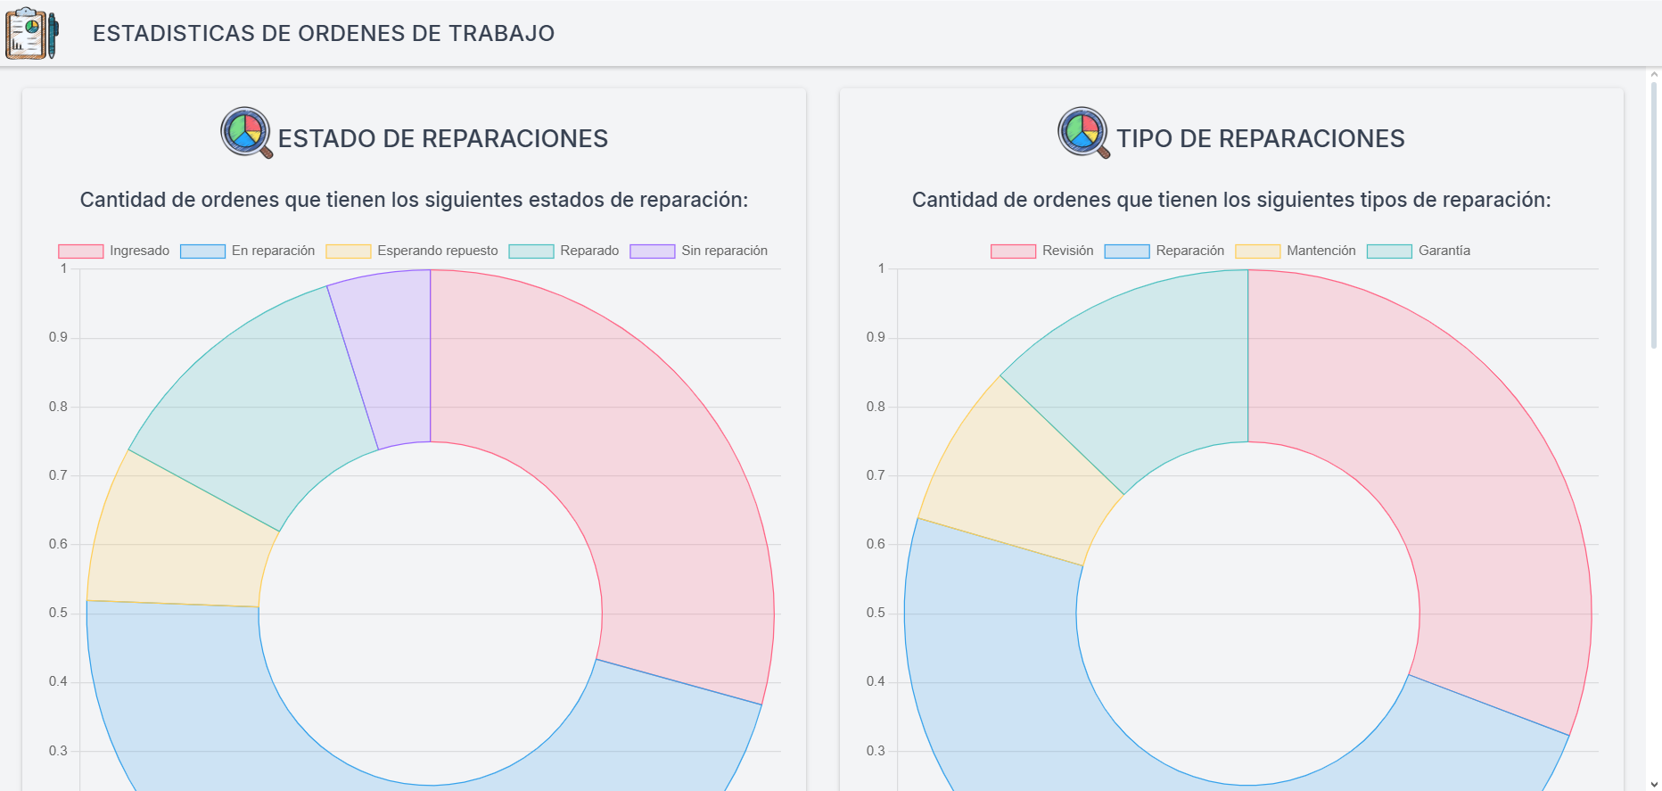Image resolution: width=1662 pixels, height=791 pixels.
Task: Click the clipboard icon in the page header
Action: (x=31, y=33)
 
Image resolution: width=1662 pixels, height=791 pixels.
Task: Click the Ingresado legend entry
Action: (x=114, y=251)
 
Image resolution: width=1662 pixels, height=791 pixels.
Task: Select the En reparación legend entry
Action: (x=248, y=251)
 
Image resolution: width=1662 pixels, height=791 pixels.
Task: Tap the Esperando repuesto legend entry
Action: (x=412, y=251)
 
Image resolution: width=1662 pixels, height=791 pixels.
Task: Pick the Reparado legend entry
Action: (x=564, y=251)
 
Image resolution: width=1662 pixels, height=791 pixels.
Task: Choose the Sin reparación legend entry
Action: (x=699, y=251)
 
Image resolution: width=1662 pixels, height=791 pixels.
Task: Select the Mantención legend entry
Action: (x=1296, y=251)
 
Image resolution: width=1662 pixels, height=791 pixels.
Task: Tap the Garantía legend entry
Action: (x=1419, y=251)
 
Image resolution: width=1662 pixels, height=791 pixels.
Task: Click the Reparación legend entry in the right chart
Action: (x=1164, y=251)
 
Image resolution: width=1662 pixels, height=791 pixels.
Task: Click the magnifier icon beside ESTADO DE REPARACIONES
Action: (x=246, y=133)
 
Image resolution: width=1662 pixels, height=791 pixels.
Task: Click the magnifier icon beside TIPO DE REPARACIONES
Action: (x=1083, y=133)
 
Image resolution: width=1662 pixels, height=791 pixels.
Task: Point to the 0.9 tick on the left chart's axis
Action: (x=58, y=337)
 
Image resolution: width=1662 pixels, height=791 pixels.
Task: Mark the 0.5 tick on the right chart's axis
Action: (x=876, y=613)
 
